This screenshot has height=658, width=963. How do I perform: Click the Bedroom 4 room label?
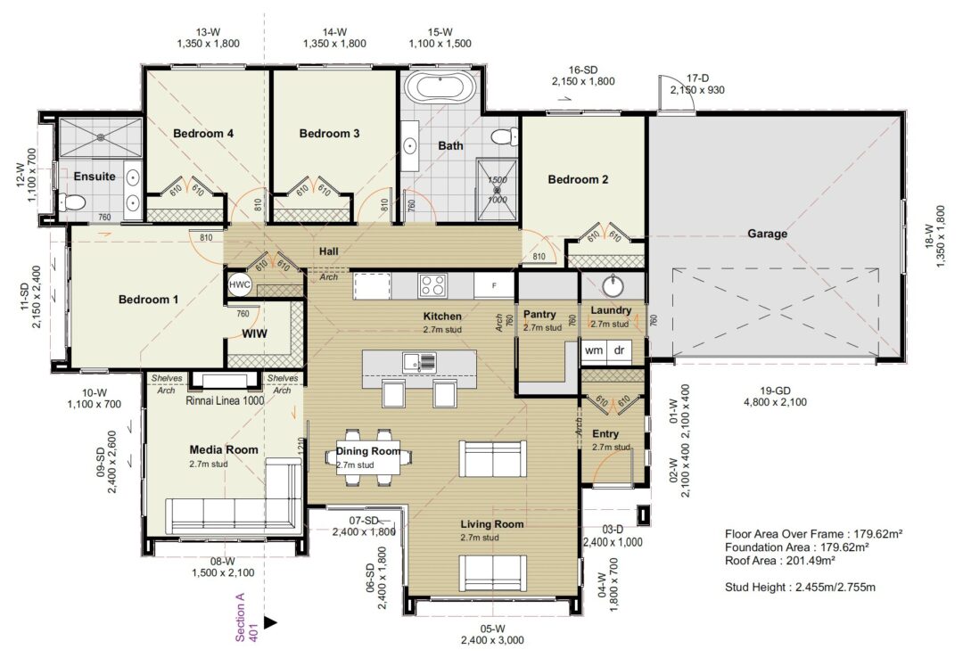tap(203, 134)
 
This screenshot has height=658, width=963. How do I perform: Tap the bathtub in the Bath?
tap(437, 88)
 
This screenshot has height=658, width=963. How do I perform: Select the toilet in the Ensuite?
tap(70, 203)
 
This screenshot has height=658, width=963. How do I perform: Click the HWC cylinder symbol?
tap(240, 284)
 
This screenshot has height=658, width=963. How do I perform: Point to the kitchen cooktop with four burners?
tap(433, 285)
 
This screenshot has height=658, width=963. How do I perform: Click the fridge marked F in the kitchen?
tap(489, 285)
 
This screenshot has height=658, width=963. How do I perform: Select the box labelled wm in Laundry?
tap(593, 350)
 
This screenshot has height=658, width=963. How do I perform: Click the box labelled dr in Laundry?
tap(619, 350)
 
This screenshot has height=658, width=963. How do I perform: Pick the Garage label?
tap(767, 234)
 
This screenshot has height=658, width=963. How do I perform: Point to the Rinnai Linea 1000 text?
tap(224, 401)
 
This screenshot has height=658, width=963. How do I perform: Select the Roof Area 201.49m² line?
tap(780, 561)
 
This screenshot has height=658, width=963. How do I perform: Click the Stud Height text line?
tap(800, 587)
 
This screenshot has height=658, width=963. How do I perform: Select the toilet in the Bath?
tap(504, 137)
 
